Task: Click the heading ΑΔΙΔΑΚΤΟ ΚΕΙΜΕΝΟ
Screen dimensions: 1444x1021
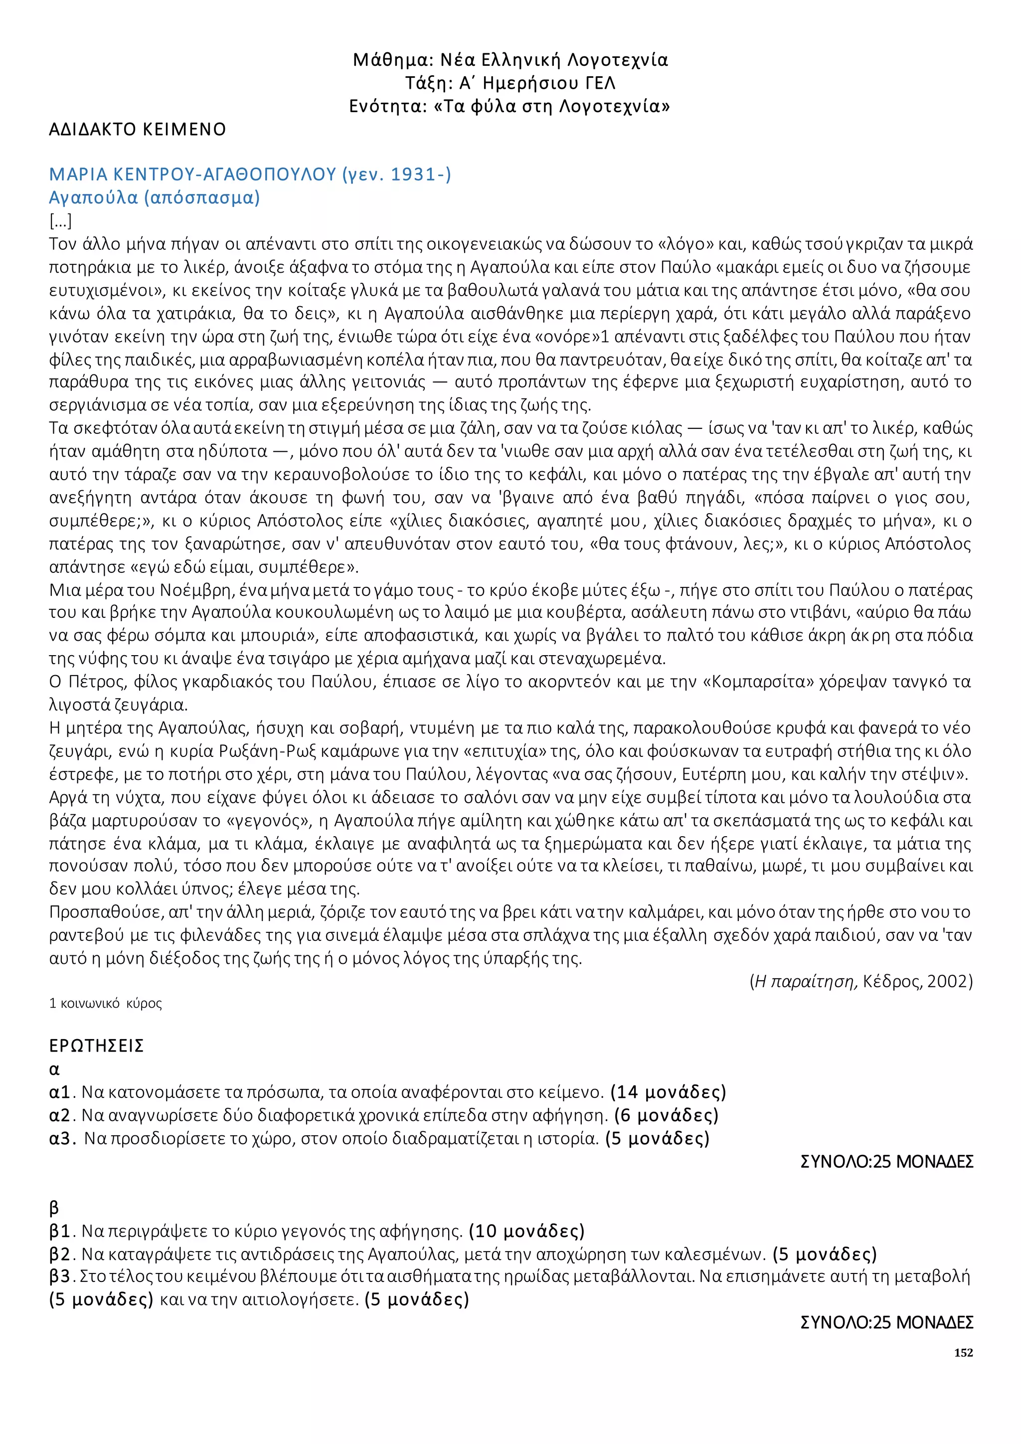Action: coord(137,130)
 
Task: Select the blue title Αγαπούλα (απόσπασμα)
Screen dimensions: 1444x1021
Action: coord(154,197)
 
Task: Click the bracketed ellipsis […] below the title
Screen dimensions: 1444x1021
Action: coord(60,221)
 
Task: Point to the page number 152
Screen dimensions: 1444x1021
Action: coord(963,1353)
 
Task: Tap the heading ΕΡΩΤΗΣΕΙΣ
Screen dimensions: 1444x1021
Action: coord(96,1046)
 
